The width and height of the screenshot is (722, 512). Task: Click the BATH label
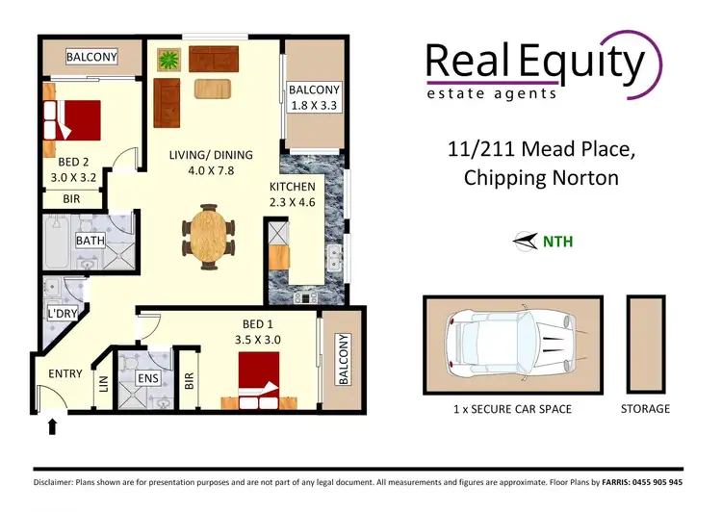(x=90, y=241)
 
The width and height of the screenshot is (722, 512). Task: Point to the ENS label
(x=147, y=379)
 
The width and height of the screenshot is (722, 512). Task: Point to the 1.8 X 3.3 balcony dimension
(x=314, y=107)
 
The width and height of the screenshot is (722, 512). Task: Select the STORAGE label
(x=645, y=409)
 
